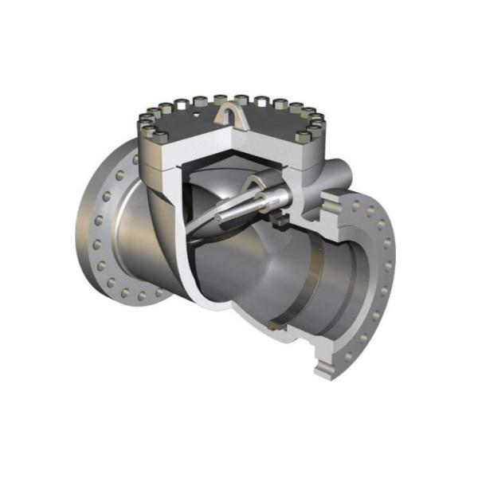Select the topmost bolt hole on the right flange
pos(356,205)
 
